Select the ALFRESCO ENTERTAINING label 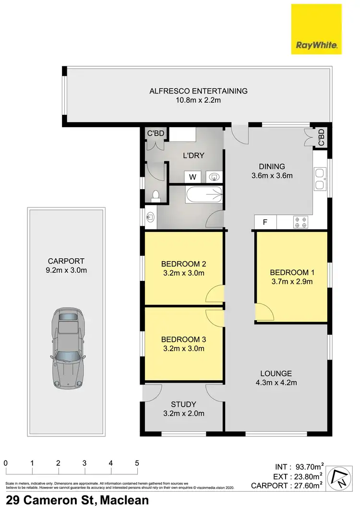[x=198, y=91]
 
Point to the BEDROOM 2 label [x=183, y=264]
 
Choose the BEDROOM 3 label [x=183, y=339]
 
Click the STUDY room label [x=183, y=404]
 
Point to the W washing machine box [x=192, y=177]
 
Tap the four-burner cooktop [x=300, y=222]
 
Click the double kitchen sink [x=320, y=179]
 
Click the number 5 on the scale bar [x=137, y=463]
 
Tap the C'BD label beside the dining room [x=322, y=137]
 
